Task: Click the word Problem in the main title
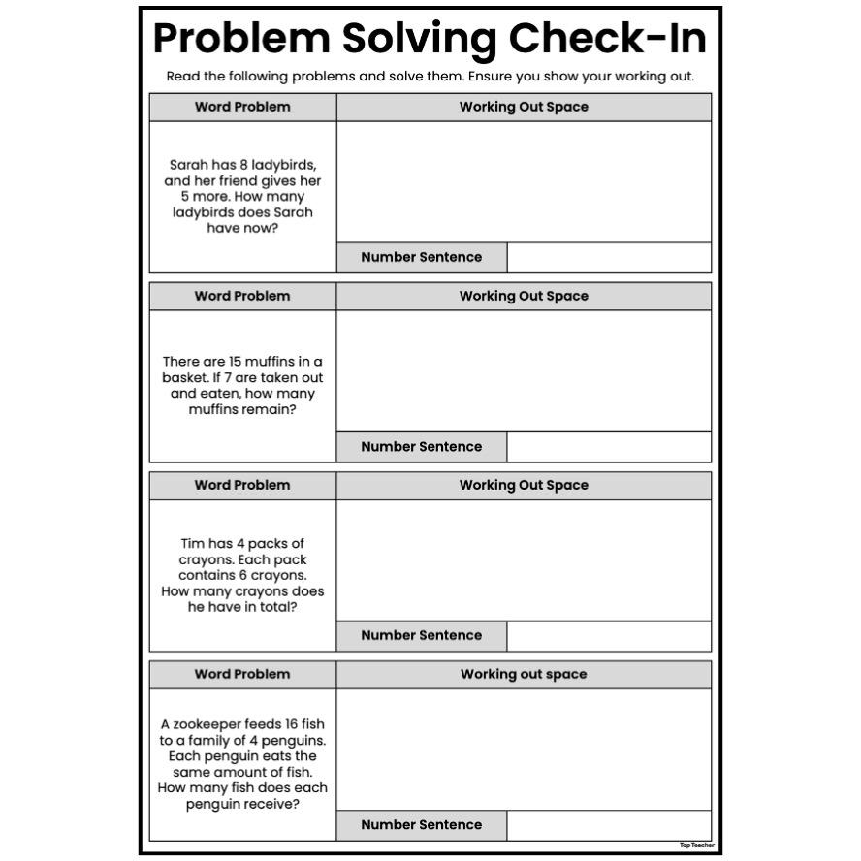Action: pyautogui.click(x=241, y=39)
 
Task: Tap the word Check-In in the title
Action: pyautogui.click(x=608, y=39)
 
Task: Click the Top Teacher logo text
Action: pyautogui.click(x=696, y=845)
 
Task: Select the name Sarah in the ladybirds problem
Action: pyautogui.click(x=189, y=165)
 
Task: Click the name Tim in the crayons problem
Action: pyautogui.click(x=194, y=544)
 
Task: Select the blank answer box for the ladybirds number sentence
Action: pyautogui.click(x=609, y=258)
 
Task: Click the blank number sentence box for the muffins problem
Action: pyautogui.click(x=609, y=447)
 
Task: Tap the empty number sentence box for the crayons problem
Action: pyautogui.click(x=609, y=636)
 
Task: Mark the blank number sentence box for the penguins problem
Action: pyautogui.click(x=609, y=825)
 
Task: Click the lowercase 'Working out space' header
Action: pyautogui.click(x=524, y=675)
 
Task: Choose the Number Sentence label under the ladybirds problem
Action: pyautogui.click(x=421, y=258)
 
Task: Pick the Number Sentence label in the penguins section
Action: pyautogui.click(x=421, y=825)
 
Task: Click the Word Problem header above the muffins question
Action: pyautogui.click(x=242, y=297)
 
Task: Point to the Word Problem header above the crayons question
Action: pyautogui.click(x=242, y=486)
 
